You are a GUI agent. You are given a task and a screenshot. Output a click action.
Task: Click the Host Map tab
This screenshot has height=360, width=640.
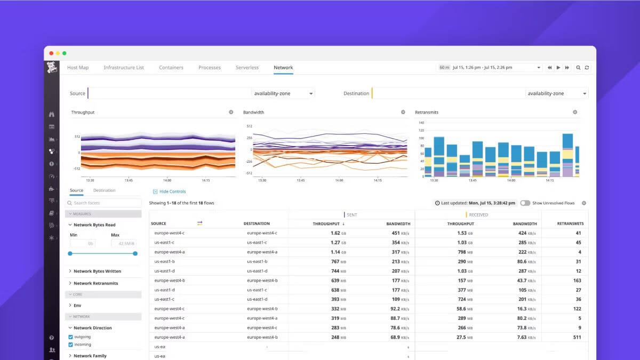pyautogui.click(x=78, y=68)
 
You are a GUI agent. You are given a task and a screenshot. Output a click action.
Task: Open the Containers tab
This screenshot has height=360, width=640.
pyautogui.click(x=171, y=68)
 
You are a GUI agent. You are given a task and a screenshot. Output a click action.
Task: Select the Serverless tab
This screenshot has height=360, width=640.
pyautogui.click(x=247, y=68)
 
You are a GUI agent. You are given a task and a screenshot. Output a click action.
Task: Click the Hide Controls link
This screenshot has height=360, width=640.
pyautogui.click(x=172, y=191)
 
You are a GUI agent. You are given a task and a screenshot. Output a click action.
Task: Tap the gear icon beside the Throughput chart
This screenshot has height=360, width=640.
pyautogui.click(x=231, y=113)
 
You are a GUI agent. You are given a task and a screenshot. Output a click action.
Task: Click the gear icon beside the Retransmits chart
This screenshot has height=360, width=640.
pyautogui.click(x=575, y=113)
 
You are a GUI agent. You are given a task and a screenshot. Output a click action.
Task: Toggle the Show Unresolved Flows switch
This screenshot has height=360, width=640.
pyautogui.click(x=525, y=203)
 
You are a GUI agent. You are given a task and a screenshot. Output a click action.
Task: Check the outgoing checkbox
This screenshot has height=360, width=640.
pyautogui.click(x=70, y=337)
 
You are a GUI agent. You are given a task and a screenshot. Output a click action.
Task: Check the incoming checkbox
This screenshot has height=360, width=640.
pyautogui.click(x=70, y=345)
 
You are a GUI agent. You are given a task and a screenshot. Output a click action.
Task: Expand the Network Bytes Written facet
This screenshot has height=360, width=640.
pyautogui.click(x=97, y=271)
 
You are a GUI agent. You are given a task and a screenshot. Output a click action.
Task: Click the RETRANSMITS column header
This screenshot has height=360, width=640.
pyautogui.click(x=570, y=224)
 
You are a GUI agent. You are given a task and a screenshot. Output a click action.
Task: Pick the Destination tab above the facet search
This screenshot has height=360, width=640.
pyautogui.click(x=104, y=190)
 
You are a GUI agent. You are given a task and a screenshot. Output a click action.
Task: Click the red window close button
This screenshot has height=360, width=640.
pyautogui.click(x=52, y=53)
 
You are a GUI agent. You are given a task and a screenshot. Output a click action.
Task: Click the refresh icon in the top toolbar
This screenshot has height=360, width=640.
pyautogui.click(x=587, y=68)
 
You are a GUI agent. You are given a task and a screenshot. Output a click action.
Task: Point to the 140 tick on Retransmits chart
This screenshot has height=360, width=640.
pyautogui.click(x=421, y=123)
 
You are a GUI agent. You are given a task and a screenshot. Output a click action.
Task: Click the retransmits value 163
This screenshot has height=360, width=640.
pyautogui.click(x=577, y=281)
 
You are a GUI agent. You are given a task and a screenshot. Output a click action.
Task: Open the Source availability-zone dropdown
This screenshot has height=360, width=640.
pyautogui.click(x=283, y=93)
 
